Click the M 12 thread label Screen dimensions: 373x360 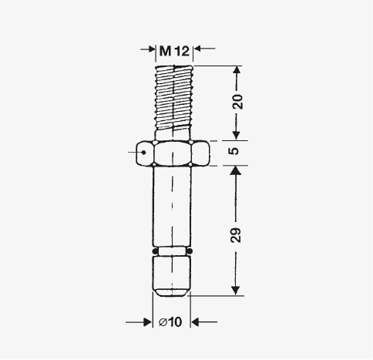(174, 51)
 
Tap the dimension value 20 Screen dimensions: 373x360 (237, 102)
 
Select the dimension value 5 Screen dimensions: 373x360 (234, 150)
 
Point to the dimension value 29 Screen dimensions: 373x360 (236, 235)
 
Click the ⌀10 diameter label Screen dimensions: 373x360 (170, 321)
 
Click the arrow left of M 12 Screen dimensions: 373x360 (148, 49)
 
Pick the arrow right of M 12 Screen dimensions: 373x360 (204, 49)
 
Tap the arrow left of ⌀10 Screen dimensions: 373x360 (139, 322)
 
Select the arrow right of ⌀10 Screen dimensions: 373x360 (204, 321)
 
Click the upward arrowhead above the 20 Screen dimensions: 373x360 (237, 71)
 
